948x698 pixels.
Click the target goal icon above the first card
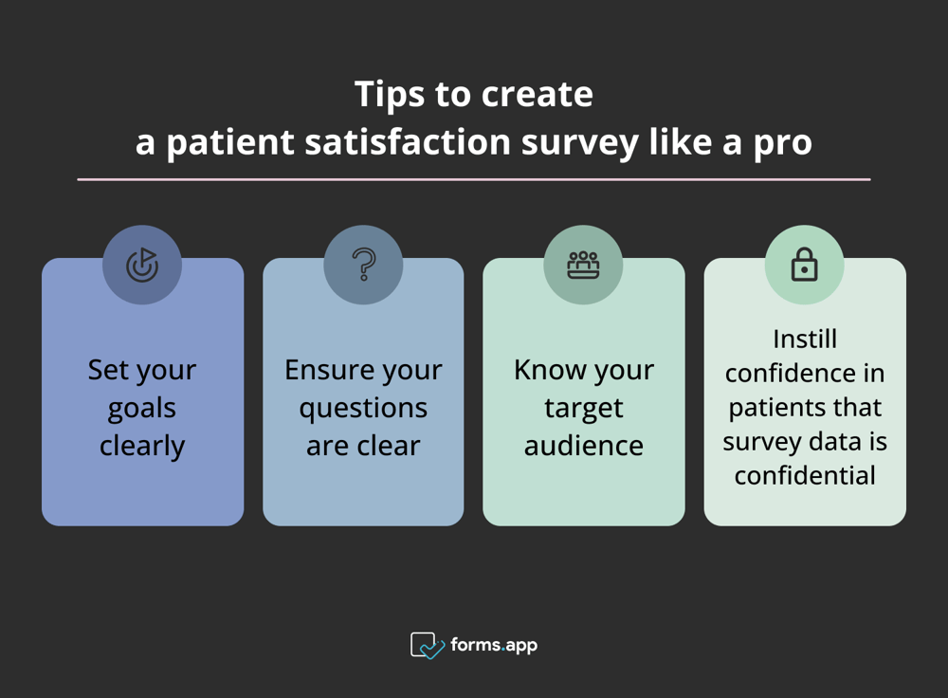(142, 266)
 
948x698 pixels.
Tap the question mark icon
(363, 266)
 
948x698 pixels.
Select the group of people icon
(583, 266)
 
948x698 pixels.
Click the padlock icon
(804, 266)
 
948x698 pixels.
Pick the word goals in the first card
(142, 409)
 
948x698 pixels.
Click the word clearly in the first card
(142, 446)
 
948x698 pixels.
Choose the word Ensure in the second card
(326, 370)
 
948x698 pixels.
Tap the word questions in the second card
(363, 409)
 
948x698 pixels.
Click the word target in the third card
(583, 409)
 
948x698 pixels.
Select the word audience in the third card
(583, 446)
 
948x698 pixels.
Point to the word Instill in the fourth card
(804, 340)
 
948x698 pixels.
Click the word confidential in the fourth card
(804, 475)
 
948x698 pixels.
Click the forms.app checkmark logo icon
(427, 646)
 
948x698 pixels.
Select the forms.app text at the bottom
(494, 646)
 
